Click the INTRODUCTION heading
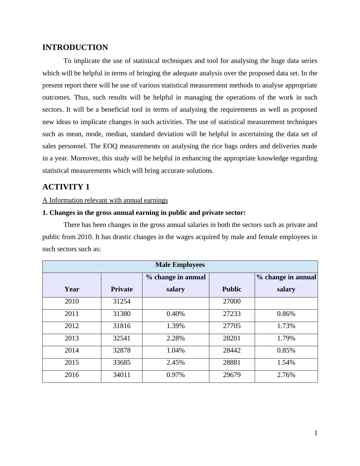coord(75,48)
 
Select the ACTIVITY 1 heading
coord(66,187)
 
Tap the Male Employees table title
coord(180,265)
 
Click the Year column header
coord(72,289)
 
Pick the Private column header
coord(122,289)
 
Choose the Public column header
coord(232,289)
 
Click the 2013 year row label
coord(72,338)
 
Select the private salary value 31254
coord(122,302)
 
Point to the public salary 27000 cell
coord(232,302)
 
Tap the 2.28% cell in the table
coord(175,338)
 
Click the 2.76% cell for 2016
coord(286,375)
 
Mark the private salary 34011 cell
coord(122,375)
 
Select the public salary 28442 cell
coord(232,350)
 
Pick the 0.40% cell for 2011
coord(175,314)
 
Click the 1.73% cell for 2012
coord(286,326)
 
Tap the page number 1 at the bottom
coord(316,433)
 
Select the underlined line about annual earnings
coord(105,200)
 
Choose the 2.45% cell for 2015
coord(175,363)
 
